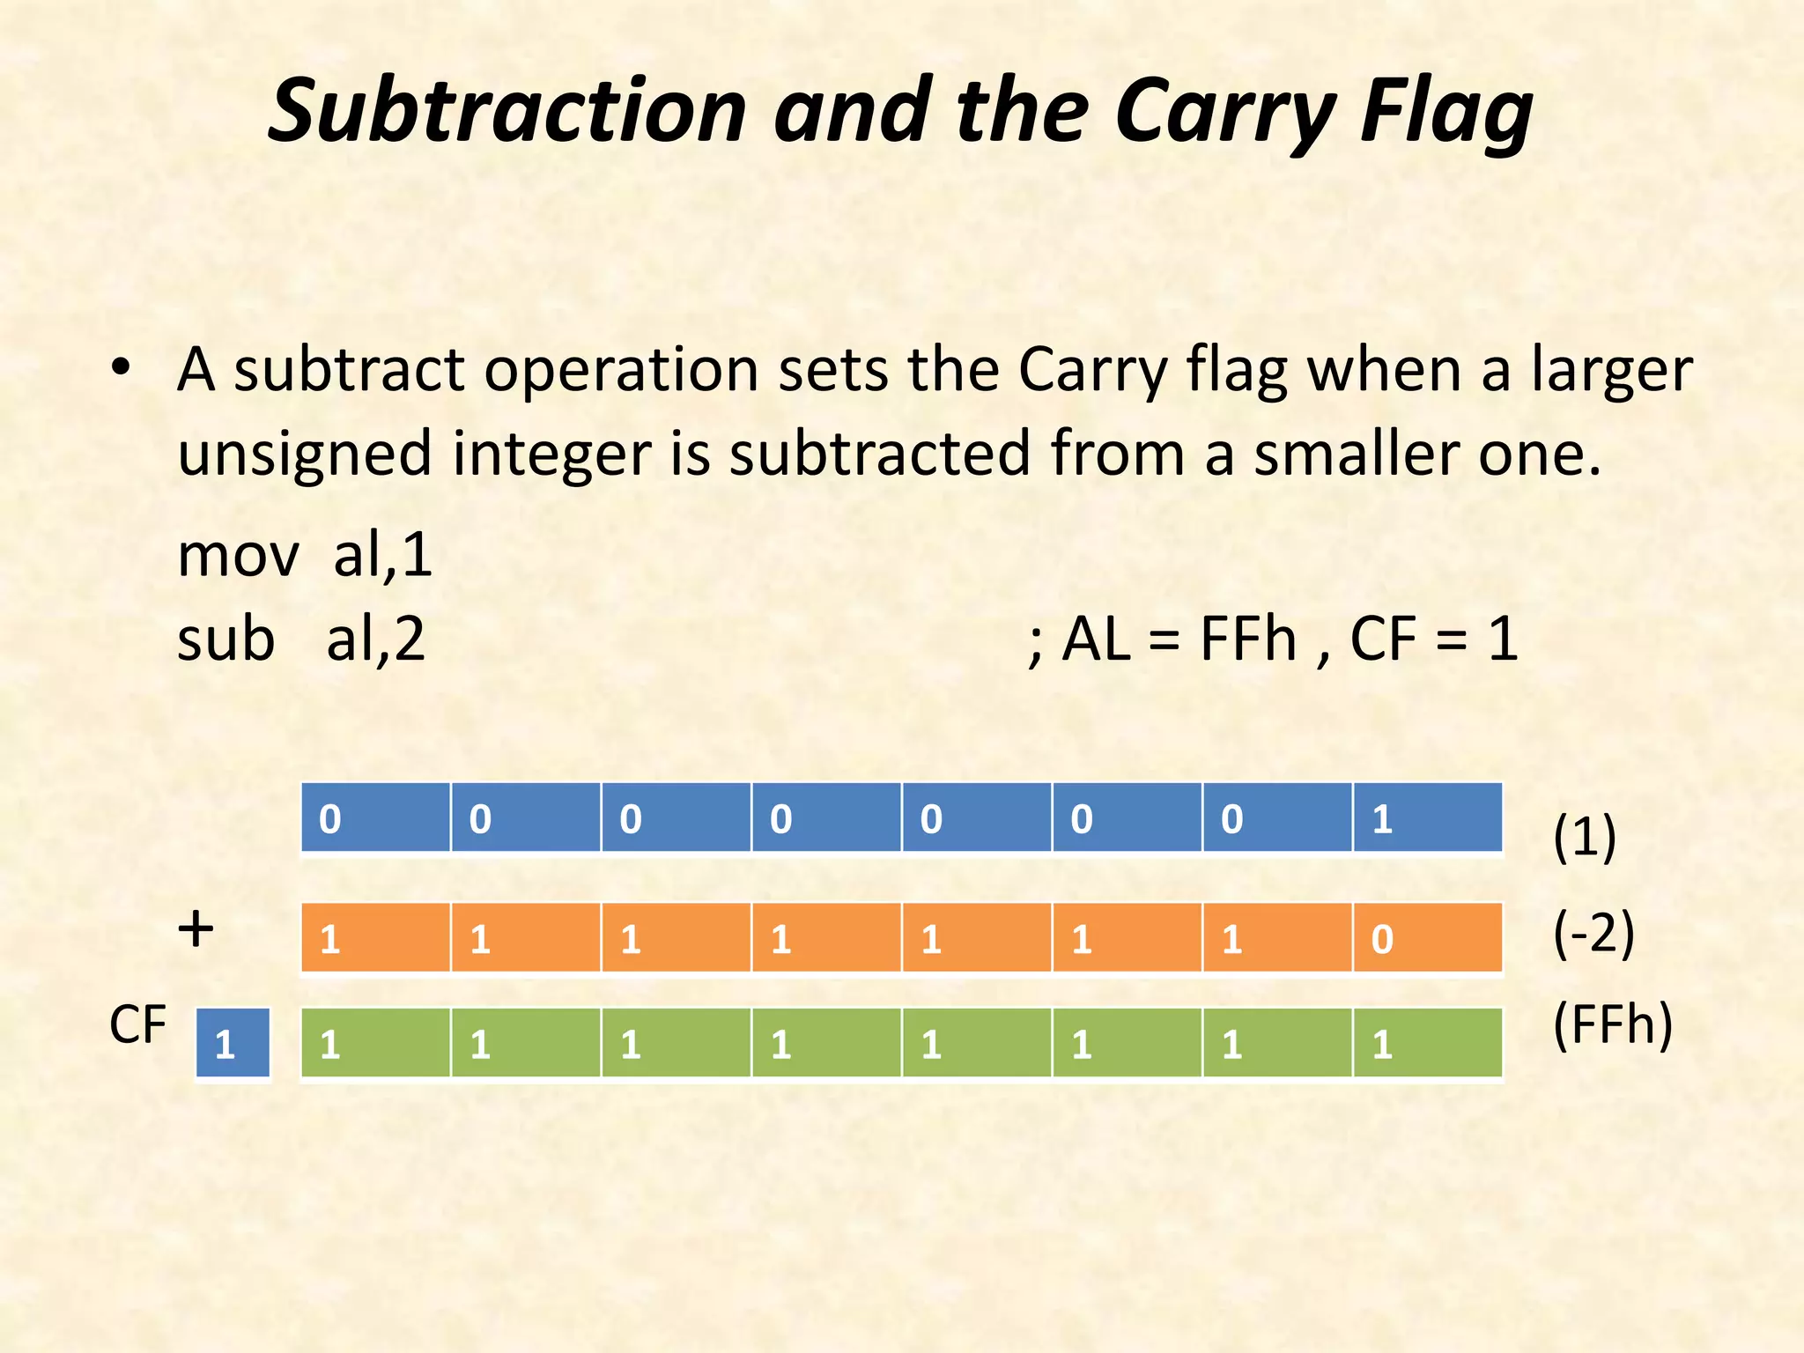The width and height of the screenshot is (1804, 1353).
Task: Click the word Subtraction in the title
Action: [x=507, y=111]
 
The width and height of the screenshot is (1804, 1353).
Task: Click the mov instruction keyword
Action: [x=238, y=557]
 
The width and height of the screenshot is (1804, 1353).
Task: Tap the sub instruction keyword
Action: [x=225, y=640]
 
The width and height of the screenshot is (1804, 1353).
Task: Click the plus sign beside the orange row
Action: [x=196, y=930]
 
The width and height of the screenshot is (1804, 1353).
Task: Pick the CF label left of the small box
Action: [x=137, y=1025]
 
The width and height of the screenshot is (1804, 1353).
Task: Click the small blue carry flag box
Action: [x=233, y=1043]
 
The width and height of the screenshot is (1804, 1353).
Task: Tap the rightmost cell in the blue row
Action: [x=1427, y=817]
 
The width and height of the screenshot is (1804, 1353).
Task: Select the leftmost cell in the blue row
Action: [x=375, y=817]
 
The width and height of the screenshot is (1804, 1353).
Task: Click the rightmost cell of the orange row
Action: [x=1427, y=937]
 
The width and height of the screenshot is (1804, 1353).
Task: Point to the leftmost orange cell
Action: [x=375, y=937]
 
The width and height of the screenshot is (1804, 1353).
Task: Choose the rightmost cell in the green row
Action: [x=1427, y=1043]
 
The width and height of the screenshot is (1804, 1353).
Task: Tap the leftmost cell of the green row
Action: [x=375, y=1043]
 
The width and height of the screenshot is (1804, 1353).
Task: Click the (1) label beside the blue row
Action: [x=1584, y=837]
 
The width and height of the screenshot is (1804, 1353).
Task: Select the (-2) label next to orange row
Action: [x=1593, y=934]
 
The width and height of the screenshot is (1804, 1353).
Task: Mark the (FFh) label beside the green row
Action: [x=1612, y=1025]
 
